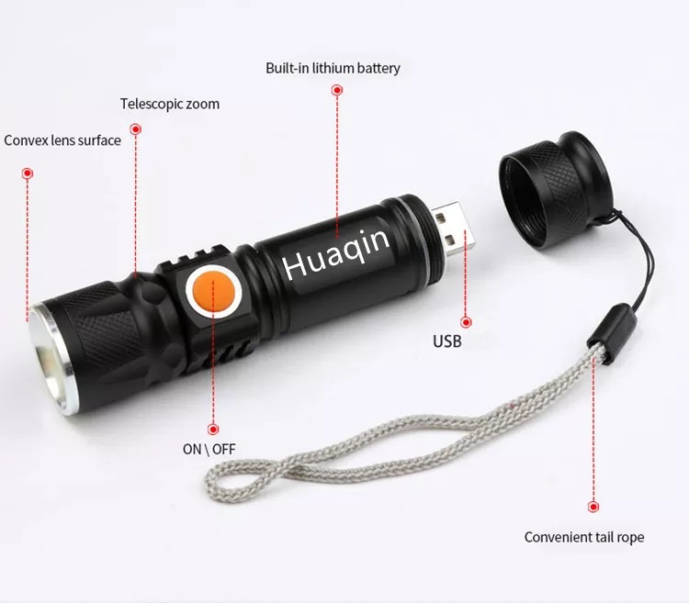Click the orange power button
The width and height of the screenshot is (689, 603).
coord(213,293)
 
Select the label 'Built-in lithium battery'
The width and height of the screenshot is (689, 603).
coord(333,69)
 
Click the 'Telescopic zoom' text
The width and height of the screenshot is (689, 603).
coord(170,104)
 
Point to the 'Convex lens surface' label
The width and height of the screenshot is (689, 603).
coord(62,140)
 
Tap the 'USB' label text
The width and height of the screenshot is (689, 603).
coord(447,341)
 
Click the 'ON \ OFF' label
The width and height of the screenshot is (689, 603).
coord(209,449)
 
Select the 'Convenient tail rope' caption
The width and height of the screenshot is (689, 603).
coord(584,537)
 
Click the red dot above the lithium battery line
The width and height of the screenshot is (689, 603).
coord(337,91)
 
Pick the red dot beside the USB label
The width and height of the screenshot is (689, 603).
coord(466,322)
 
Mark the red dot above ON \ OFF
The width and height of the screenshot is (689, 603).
coord(213,429)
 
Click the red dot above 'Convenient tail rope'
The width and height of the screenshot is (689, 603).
coord(593,507)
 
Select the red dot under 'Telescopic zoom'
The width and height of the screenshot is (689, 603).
coord(136,129)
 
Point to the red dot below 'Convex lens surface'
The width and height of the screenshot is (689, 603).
coord(28,173)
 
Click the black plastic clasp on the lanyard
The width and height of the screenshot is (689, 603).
coord(612,333)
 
